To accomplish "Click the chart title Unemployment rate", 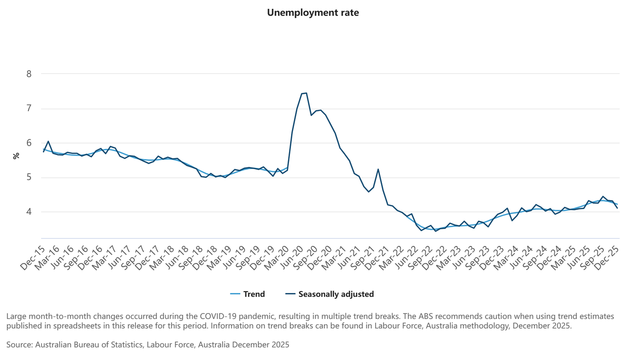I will [313, 13].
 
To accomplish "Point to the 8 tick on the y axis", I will [29, 74].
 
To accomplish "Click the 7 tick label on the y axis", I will [29, 108].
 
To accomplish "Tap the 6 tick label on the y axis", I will [29, 143].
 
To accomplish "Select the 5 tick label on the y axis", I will [29, 177].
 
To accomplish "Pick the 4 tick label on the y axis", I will [29, 212].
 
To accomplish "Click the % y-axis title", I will [16, 156].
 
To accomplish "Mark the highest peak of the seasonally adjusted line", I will [306, 93].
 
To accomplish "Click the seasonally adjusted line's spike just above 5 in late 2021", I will [378, 169].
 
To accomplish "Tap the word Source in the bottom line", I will [19, 345].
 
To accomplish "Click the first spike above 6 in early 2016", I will [48, 141].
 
